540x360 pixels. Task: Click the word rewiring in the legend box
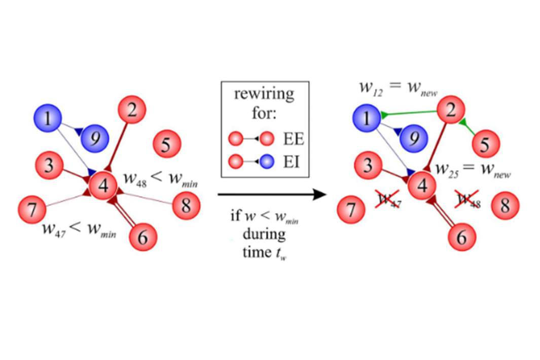[x=264, y=94]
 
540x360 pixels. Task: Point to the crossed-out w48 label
[x=468, y=200]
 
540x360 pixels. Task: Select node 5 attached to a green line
[x=485, y=145]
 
